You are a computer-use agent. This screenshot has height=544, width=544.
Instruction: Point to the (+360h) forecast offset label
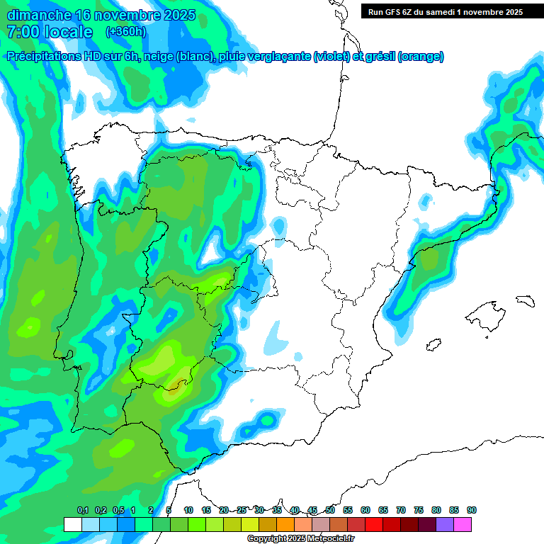coord(127,32)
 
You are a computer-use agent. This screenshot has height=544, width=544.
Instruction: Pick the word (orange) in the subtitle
coord(421,57)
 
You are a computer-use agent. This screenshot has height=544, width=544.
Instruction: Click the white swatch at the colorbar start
coord(72,525)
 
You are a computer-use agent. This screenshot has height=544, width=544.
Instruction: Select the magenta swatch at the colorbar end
coord(463,525)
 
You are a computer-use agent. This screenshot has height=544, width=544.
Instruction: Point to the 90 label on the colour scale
coord(472,510)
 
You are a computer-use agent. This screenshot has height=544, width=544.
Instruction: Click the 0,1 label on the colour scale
coord(82,510)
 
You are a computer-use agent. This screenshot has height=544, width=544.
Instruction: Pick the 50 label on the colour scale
coord(330,510)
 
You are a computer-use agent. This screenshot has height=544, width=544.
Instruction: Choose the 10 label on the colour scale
coord(188,510)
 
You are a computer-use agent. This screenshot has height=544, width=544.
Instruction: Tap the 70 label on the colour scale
coord(401,510)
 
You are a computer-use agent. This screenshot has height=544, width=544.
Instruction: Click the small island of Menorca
coord(524,300)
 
